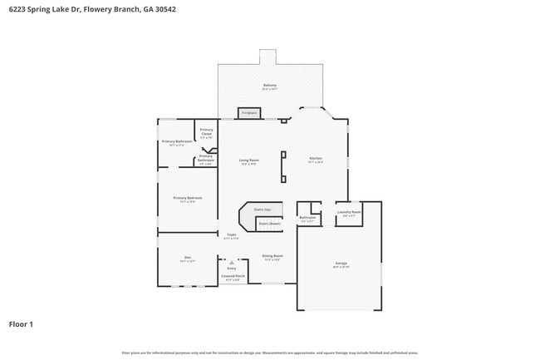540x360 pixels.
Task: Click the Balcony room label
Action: click(x=270, y=85)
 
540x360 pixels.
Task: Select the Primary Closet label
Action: click(x=207, y=131)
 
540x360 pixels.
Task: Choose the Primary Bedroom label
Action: click(x=188, y=198)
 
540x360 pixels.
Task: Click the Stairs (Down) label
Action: click(x=269, y=223)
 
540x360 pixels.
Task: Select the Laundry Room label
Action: click(x=349, y=212)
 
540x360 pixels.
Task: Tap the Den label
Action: click(x=188, y=258)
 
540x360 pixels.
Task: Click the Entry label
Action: click(x=232, y=268)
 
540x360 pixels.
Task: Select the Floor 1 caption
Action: click(x=21, y=323)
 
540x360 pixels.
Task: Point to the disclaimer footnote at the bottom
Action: click(x=269, y=353)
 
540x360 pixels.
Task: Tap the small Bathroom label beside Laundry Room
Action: click(x=307, y=218)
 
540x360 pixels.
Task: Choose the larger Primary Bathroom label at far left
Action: click(x=178, y=141)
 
